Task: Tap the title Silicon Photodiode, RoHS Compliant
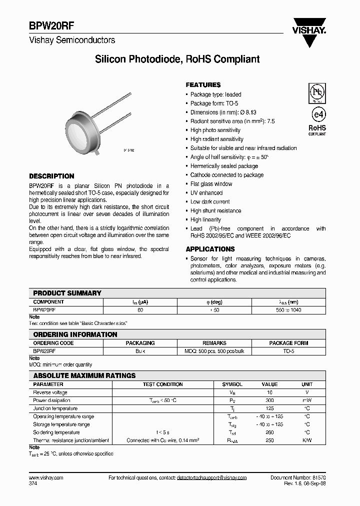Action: click(x=177, y=59)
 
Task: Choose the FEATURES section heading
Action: click(x=203, y=85)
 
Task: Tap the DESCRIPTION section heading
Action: click(x=51, y=176)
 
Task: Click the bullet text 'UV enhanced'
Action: click(x=206, y=193)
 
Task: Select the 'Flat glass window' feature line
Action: click(x=211, y=184)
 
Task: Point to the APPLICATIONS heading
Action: click(x=210, y=249)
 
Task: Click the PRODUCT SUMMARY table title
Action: click(x=67, y=293)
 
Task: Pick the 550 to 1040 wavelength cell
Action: click(x=288, y=310)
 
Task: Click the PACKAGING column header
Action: click(x=140, y=343)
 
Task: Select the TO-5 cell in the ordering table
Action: click(x=288, y=351)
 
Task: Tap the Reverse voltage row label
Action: click(x=50, y=392)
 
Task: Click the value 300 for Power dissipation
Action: click(x=269, y=400)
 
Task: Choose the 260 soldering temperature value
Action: click(x=269, y=432)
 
